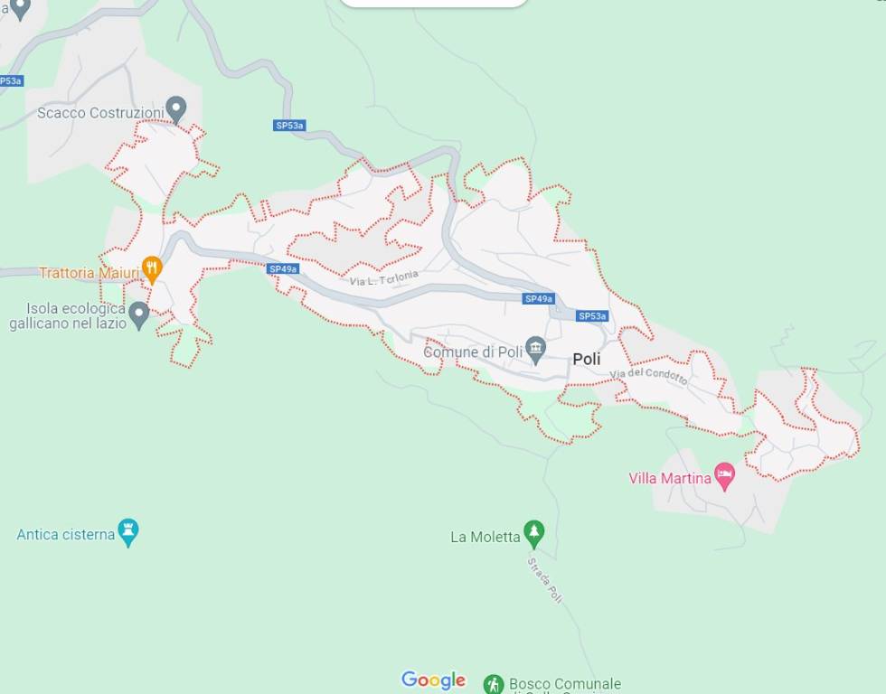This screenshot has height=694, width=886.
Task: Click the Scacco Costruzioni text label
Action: pos(99,113)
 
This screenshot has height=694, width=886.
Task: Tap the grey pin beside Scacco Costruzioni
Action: pos(176,109)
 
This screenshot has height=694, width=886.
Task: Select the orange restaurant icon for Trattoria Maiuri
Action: pos(152,268)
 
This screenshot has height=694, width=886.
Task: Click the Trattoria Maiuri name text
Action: pos(89,272)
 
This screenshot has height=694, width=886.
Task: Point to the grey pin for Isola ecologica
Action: pos(138,314)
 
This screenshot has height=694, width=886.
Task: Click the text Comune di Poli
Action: pos(473,352)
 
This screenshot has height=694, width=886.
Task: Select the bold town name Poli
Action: pos(586,359)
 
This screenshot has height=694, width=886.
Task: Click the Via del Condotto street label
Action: pos(648,377)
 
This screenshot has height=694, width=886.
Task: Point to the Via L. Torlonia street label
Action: pos(384,278)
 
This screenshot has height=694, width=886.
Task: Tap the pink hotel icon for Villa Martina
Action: pos(724,475)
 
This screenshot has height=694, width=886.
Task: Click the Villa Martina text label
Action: pos(670,478)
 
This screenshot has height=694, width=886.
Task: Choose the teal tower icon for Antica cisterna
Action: pos(128,532)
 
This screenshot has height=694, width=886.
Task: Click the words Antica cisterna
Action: pos(66,534)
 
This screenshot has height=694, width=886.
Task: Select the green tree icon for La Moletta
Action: pos(534,534)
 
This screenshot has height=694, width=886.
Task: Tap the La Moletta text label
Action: pos(485,537)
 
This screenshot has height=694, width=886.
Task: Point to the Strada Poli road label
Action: pos(544,579)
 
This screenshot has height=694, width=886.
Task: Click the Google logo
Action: pos(433,680)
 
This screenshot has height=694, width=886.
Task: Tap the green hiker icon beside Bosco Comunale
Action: pos(493,684)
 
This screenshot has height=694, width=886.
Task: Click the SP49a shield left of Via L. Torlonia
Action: pos(283,269)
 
